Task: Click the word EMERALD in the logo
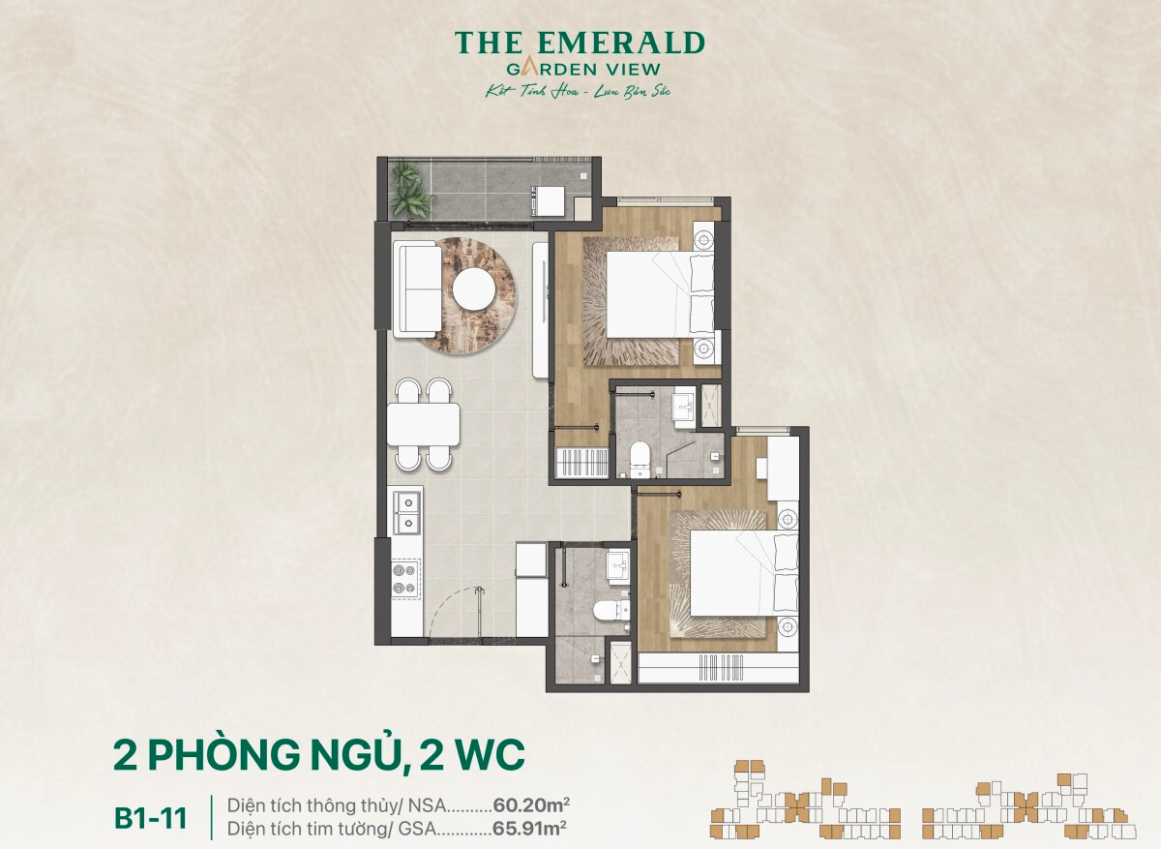[621, 43]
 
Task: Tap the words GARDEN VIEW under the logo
[583, 69]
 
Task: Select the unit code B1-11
[150, 819]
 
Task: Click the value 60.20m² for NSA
[531, 804]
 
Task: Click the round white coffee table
[474, 288]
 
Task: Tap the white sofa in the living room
[417, 289]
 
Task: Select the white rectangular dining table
[424, 424]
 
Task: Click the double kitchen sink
[406, 510]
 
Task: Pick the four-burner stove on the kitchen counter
[405, 579]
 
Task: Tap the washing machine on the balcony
[549, 200]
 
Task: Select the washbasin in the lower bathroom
[618, 566]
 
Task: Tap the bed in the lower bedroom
[744, 572]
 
